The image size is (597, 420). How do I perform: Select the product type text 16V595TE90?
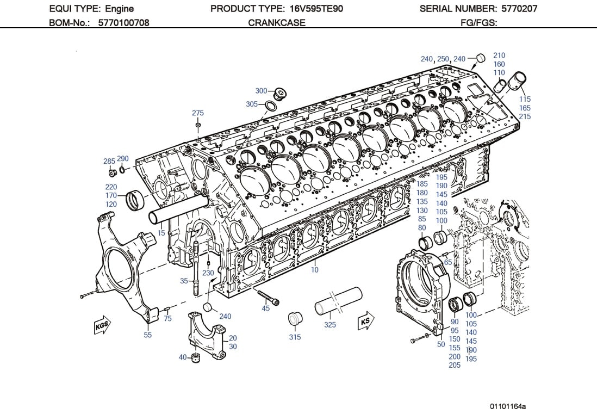[314, 9]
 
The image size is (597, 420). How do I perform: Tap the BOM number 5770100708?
[123, 23]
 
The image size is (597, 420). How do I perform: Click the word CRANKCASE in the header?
[277, 23]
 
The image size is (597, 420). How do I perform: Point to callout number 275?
[198, 113]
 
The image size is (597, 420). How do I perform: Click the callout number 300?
[261, 91]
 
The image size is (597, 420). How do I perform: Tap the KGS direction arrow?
[102, 325]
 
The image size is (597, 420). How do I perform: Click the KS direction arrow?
[365, 322]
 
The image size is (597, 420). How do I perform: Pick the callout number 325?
[330, 325]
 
